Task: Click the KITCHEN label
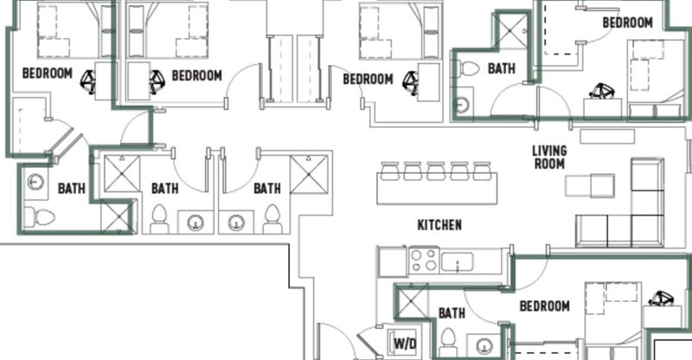pos(439,225)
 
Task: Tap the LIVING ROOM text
pos(549,157)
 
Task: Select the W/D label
pos(405,344)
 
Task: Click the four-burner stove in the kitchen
pos(424,260)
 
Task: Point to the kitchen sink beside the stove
pos(458,261)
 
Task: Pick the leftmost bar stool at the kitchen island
pos(390,171)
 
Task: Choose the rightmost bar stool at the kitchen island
pos(483,171)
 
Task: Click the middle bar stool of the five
pos(436,171)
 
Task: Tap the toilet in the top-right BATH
pos(468,69)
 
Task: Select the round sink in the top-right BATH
pos(462,104)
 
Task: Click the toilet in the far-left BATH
pos(39,217)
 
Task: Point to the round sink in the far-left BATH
pos(35,182)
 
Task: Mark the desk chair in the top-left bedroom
pos(89,82)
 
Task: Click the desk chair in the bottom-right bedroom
pos(662,299)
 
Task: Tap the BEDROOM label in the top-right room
pos(628,22)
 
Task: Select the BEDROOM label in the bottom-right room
pos(545,306)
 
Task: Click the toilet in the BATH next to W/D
pos(448,342)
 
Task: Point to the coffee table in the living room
pos(590,185)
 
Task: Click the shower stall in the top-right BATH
pos(511,31)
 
